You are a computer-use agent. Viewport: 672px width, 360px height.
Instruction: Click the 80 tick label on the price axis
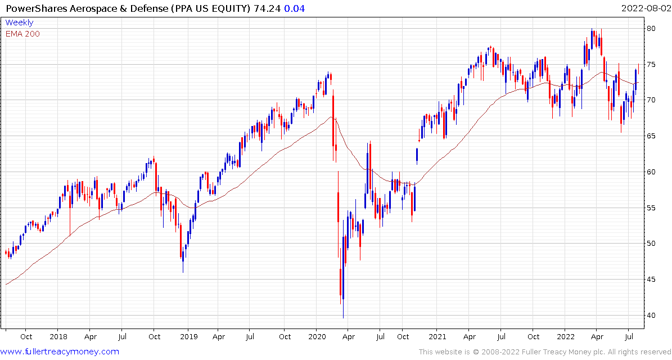(651, 28)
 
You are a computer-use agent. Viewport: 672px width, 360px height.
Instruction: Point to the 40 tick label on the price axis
(651, 315)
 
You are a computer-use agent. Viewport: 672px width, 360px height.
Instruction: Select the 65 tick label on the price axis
(651, 136)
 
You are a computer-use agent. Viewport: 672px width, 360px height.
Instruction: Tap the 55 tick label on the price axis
(651, 208)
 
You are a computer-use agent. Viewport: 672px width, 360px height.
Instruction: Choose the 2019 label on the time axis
(188, 337)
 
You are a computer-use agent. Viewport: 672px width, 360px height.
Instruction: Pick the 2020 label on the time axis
(316, 337)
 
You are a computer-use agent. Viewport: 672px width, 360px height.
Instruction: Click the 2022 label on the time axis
(565, 337)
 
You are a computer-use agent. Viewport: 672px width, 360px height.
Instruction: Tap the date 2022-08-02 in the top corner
(646, 8)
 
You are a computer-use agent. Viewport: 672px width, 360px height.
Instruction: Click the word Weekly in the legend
(19, 23)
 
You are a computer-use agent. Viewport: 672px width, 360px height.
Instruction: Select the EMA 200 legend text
(22, 34)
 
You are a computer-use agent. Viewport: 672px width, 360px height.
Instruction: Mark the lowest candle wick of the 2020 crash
(343, 317)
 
